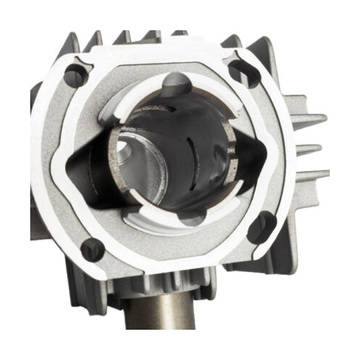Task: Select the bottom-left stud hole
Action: pos(92,249)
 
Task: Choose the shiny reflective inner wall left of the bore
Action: pos(119,173)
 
